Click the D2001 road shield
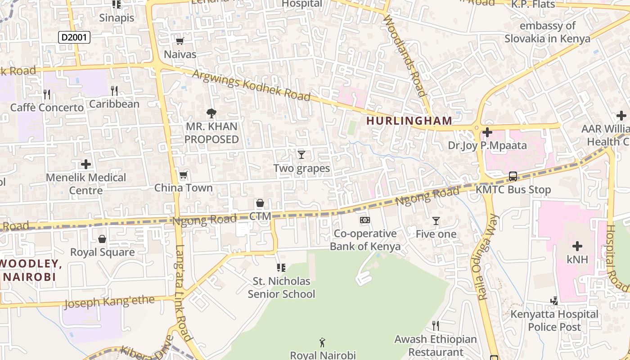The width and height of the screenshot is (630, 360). (x=74, y=37)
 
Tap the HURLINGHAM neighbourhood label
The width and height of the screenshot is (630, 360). (x=409, y=121)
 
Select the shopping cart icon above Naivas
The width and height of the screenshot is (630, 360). (x=180, y=41)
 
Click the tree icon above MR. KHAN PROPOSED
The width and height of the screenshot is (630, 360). (x=211, y=113)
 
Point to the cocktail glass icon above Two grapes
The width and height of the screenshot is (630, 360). (x=301, y=155)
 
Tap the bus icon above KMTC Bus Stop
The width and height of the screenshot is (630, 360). (x=513, y=176)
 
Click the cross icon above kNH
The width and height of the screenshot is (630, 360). (x=577, y=246)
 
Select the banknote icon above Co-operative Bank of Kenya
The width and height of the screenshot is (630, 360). (x=365, y=220)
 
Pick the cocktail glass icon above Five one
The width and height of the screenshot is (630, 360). (x=436, y=220)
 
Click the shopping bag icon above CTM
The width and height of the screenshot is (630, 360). (x=260, y=203)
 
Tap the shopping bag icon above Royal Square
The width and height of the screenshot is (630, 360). (x=102, y=238)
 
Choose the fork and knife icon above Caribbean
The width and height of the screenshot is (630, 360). (x=114, y=91)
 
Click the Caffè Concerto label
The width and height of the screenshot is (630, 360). (x=47, y=108)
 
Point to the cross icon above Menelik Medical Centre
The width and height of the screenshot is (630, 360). (x=85, y=164)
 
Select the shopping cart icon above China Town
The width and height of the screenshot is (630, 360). (x=183, y=175)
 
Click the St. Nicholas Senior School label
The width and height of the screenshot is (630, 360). (x=281, y=288)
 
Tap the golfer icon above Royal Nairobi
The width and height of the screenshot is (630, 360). (x=322, y=342)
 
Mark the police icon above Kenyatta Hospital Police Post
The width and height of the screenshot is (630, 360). (x=554, y=300)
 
